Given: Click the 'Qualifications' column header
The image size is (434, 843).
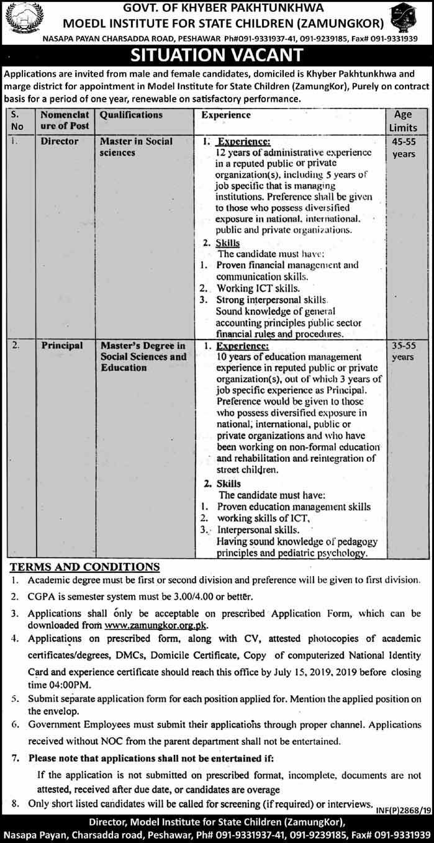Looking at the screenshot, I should pos(131,115).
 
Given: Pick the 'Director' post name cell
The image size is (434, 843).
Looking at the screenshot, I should pos(60,142).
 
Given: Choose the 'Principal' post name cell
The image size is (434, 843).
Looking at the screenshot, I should pos(62,346).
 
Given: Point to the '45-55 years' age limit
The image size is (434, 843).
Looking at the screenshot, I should pos(404,147).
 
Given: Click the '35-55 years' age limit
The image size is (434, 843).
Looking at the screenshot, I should pos(404,352).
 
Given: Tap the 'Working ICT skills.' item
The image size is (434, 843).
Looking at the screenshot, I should pos(255,289).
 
